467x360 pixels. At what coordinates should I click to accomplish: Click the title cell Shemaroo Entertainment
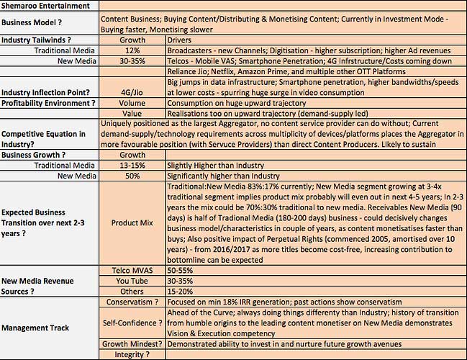click(49, 6)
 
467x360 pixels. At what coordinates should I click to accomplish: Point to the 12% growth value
click(132, 51)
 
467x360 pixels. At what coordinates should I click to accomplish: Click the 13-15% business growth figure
click(132, 165)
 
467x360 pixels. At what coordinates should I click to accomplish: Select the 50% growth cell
click(132, 176)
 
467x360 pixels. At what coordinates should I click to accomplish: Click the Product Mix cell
click(132, 223)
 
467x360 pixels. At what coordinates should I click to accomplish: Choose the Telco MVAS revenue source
click(132, 270)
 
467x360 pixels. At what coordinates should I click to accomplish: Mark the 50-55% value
click(185, 270)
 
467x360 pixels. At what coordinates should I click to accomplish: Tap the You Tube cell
click(132, 281)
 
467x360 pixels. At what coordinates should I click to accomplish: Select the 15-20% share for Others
click(185, 291)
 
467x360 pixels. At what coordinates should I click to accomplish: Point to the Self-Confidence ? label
click(132, 323)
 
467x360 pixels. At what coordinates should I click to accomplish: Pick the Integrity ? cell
click(132, 354)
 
